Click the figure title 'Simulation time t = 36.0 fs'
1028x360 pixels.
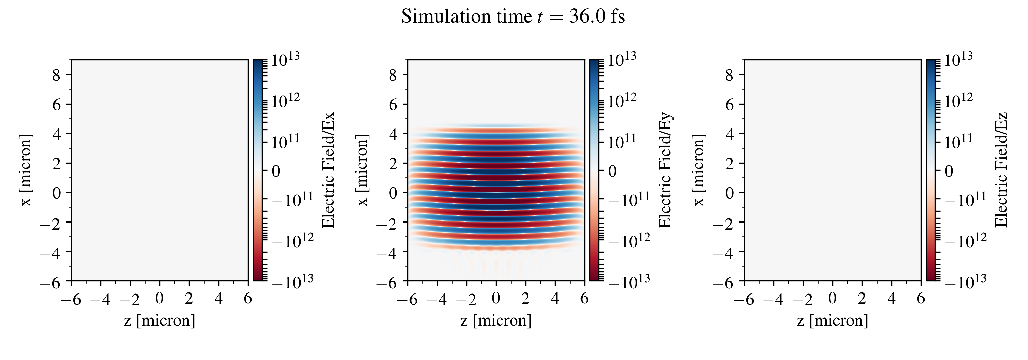[513, 17]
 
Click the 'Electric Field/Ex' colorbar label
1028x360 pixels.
[328, 170]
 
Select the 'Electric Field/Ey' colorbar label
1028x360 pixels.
[665, 170]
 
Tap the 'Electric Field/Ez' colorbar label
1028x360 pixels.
[1001, 170]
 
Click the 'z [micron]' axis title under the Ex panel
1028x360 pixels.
[160, 321]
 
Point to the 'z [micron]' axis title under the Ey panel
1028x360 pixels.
[496, 321]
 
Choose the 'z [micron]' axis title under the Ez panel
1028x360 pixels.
[832, 321]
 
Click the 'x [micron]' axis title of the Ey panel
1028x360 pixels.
[362, 170]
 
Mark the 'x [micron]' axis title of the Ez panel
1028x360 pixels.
[699, 170]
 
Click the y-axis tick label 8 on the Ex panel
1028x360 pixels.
[56, 75]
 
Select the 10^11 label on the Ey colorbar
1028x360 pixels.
[622, 142]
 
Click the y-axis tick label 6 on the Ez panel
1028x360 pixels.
[730, 105]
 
